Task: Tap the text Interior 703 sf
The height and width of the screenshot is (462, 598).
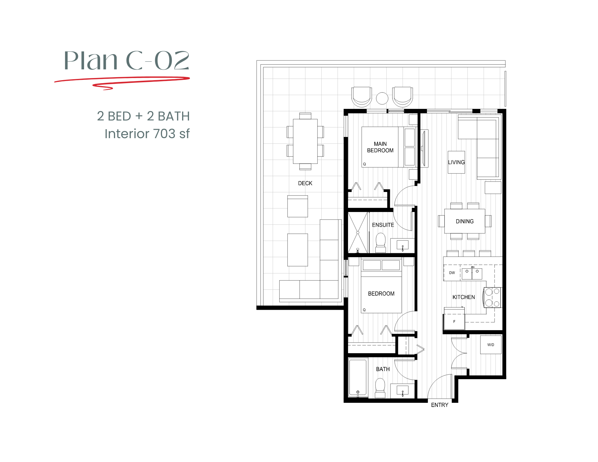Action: (x=147, y=134)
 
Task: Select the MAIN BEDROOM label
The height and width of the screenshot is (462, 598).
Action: (x=380, y=147)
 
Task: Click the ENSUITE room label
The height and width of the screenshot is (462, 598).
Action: (x=383, y=225)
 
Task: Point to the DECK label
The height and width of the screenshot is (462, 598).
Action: (x=305, y=183)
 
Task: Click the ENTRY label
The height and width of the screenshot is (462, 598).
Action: (x=439, y=405)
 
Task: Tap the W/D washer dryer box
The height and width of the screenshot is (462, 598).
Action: (x=491, y=345)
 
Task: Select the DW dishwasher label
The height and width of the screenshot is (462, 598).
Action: (x=452, y=273)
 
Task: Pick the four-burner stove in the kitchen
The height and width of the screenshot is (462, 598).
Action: (x=492, y=297)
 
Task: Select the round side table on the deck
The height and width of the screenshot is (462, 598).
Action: (x=382, y=98)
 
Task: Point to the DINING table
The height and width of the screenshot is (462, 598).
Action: (x=464, y=221)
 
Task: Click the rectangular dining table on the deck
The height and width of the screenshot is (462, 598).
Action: (x=305, y=141)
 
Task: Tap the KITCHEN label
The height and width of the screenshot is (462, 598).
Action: (x=463, y=297)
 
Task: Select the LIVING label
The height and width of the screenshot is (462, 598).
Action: (x=456, y=162)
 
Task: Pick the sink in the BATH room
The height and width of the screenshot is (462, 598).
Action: (x=402, y=391)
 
